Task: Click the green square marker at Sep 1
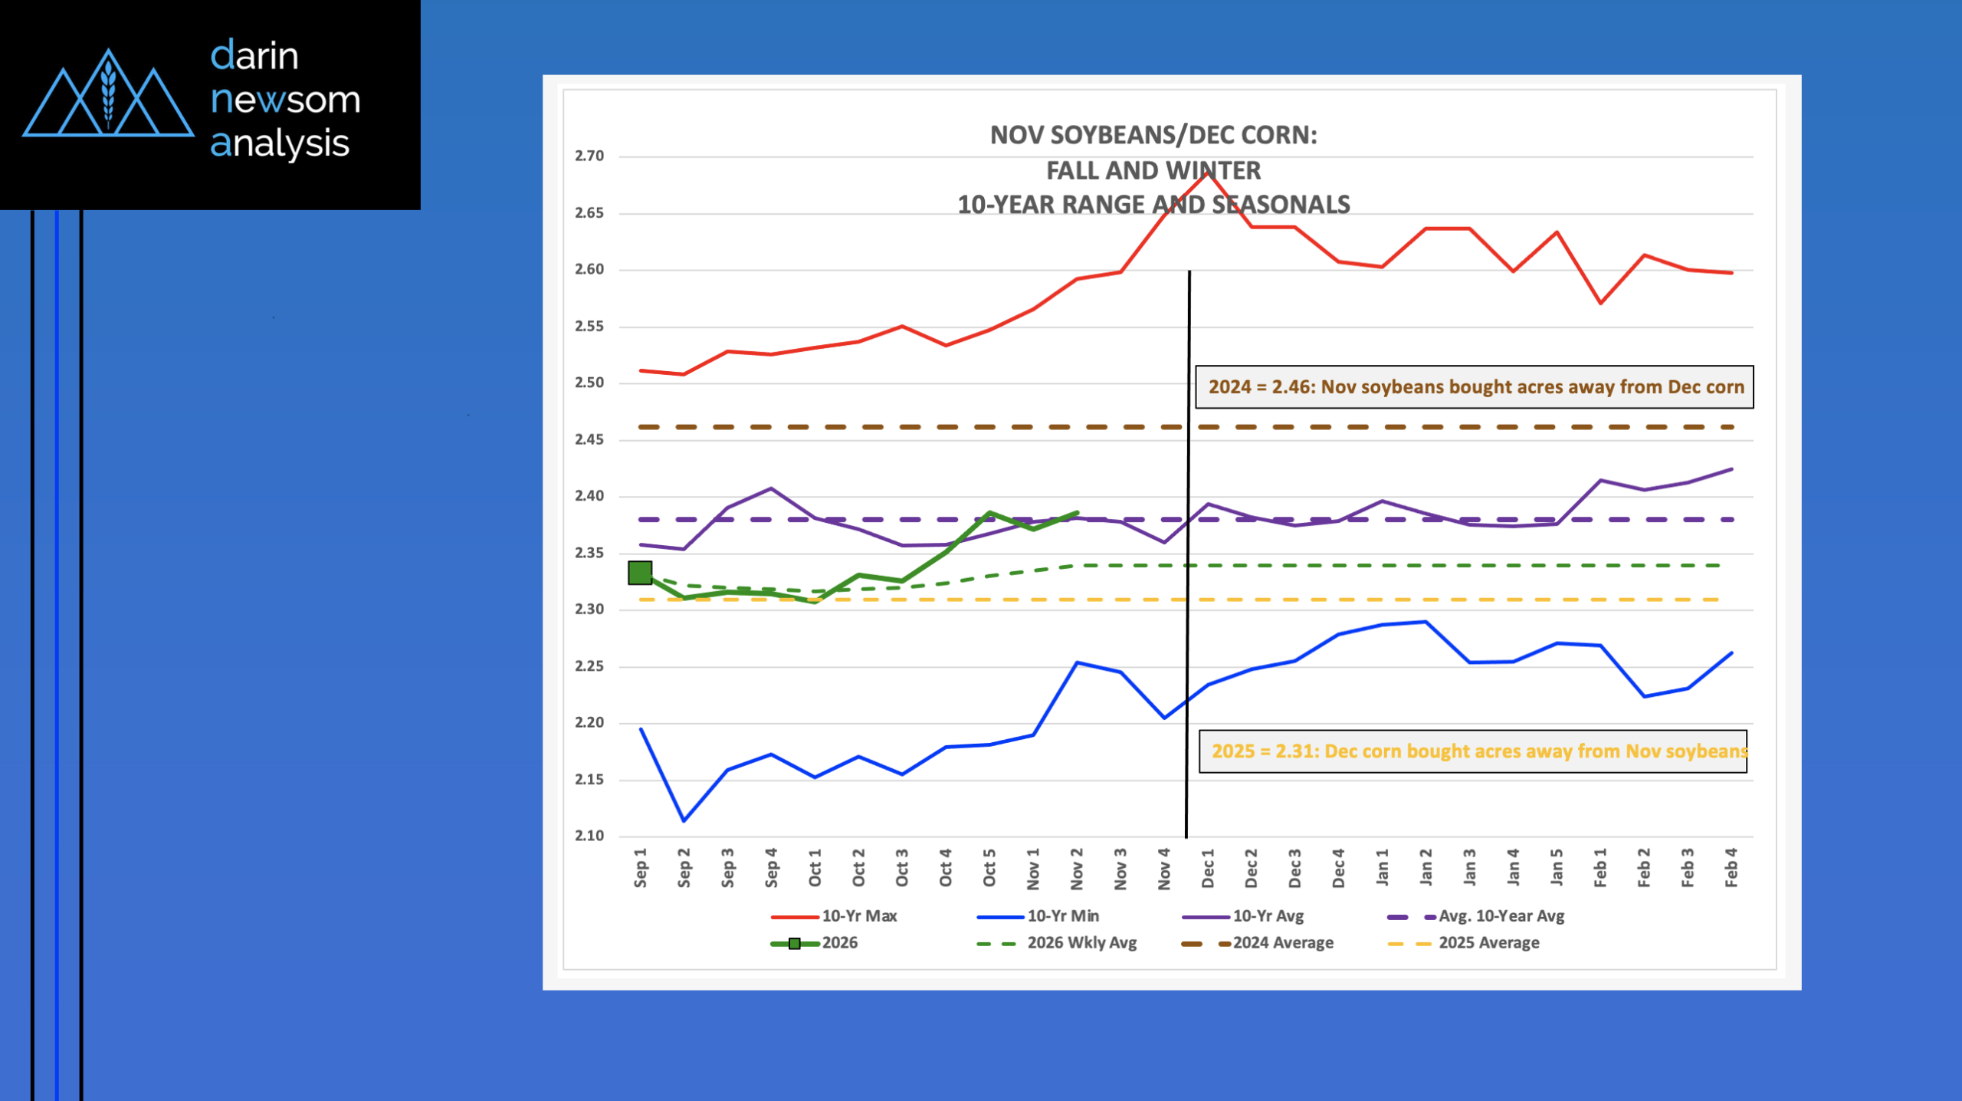pos(640,572)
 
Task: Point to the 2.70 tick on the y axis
pos(589,156)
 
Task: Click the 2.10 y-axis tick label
pos(589,836)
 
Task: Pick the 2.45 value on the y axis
pos(589,439)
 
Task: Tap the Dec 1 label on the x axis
pos(1208,869)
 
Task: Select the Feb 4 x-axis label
pos(1731,869)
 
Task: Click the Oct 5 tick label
pos(989,869)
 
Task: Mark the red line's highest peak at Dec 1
pos(1208,173)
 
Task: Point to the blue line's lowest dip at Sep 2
pos(684,820)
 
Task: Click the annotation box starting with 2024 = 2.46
pos(1475,387)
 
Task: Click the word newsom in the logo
pos(285,100)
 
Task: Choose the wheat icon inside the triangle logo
pos(108,94)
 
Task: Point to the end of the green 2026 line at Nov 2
pos(1078,512)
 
